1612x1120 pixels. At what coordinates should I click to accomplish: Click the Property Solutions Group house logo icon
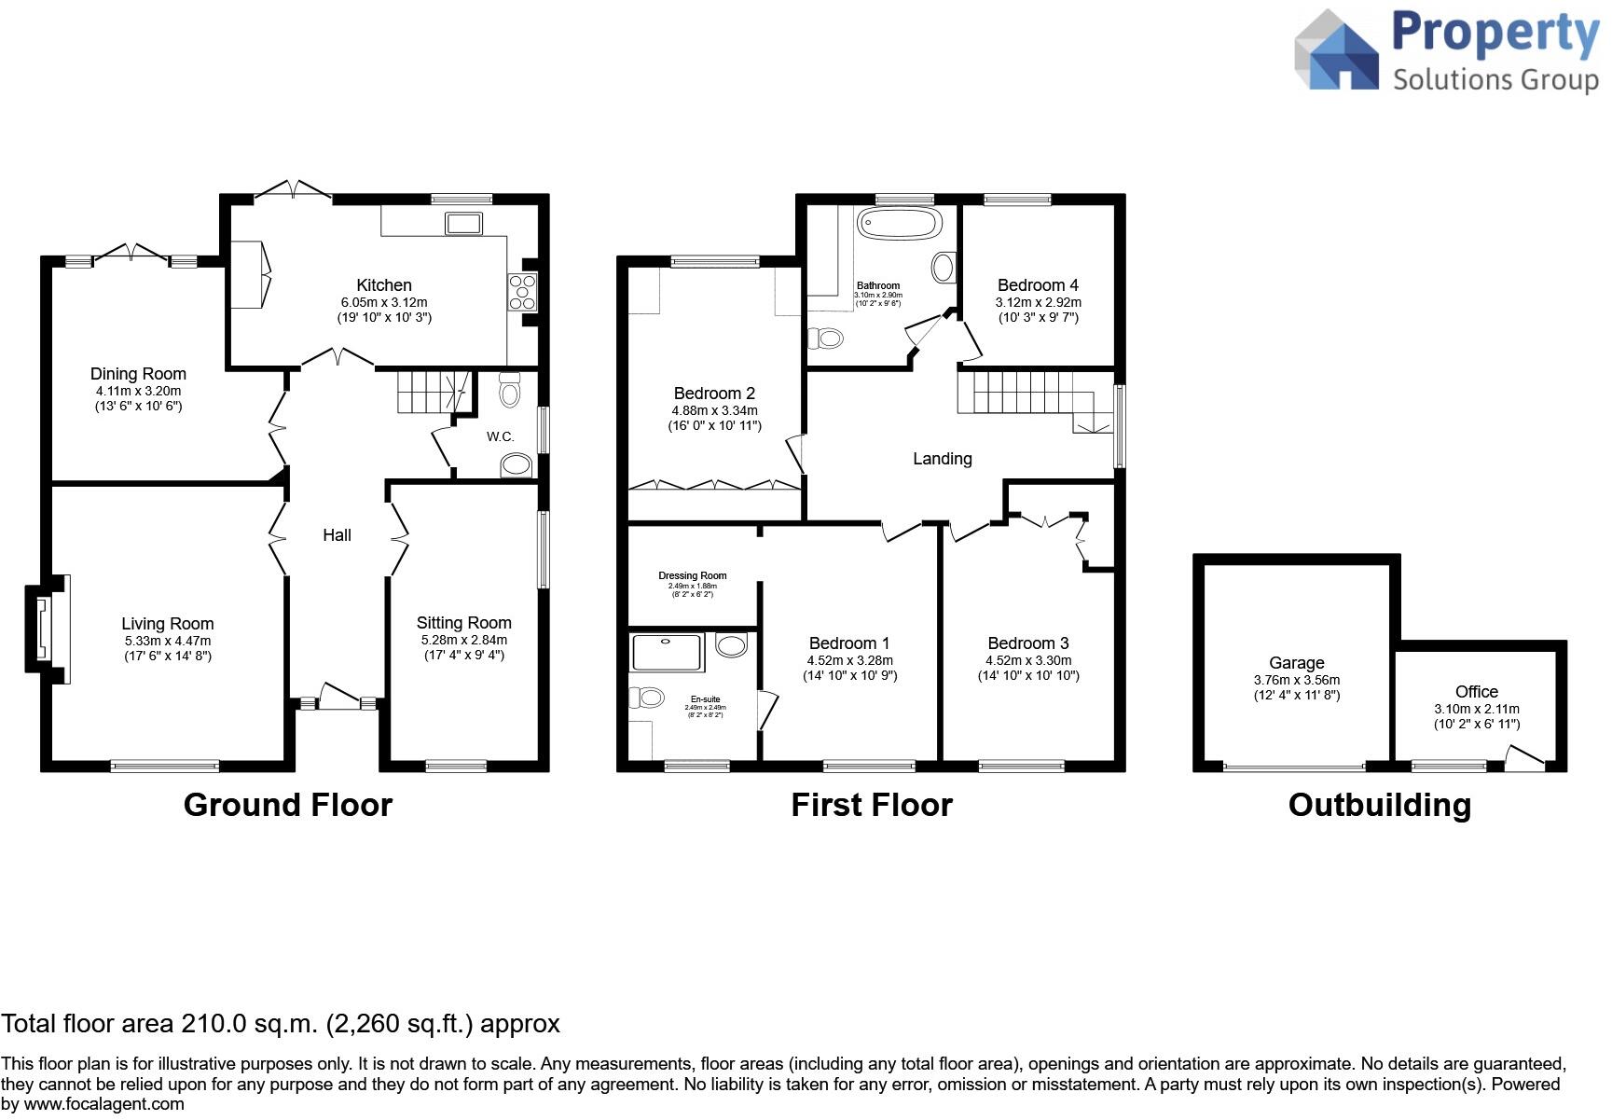(1337, 50)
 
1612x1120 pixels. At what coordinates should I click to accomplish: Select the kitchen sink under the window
(463, 224)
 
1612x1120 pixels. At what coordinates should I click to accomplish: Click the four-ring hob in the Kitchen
(522, 291)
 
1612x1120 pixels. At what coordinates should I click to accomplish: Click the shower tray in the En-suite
(668, 653)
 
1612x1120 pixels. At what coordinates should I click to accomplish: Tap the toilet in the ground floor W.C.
(510, 390)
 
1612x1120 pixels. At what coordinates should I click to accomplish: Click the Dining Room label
(138, 374)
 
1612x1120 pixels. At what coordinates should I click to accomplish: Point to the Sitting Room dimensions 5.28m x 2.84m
(463, 640)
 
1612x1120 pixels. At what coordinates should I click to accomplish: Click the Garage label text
(1296, 663)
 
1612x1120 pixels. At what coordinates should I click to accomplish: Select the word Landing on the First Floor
(942, 459)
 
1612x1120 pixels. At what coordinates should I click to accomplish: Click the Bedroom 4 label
(1038, 285)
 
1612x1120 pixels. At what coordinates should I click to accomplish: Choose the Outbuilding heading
(1379, 805)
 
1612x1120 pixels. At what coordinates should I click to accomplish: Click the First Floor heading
(871, 805)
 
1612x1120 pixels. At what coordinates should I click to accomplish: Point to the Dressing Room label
(692, 575)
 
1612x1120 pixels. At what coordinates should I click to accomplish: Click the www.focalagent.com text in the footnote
(104, 1104)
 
